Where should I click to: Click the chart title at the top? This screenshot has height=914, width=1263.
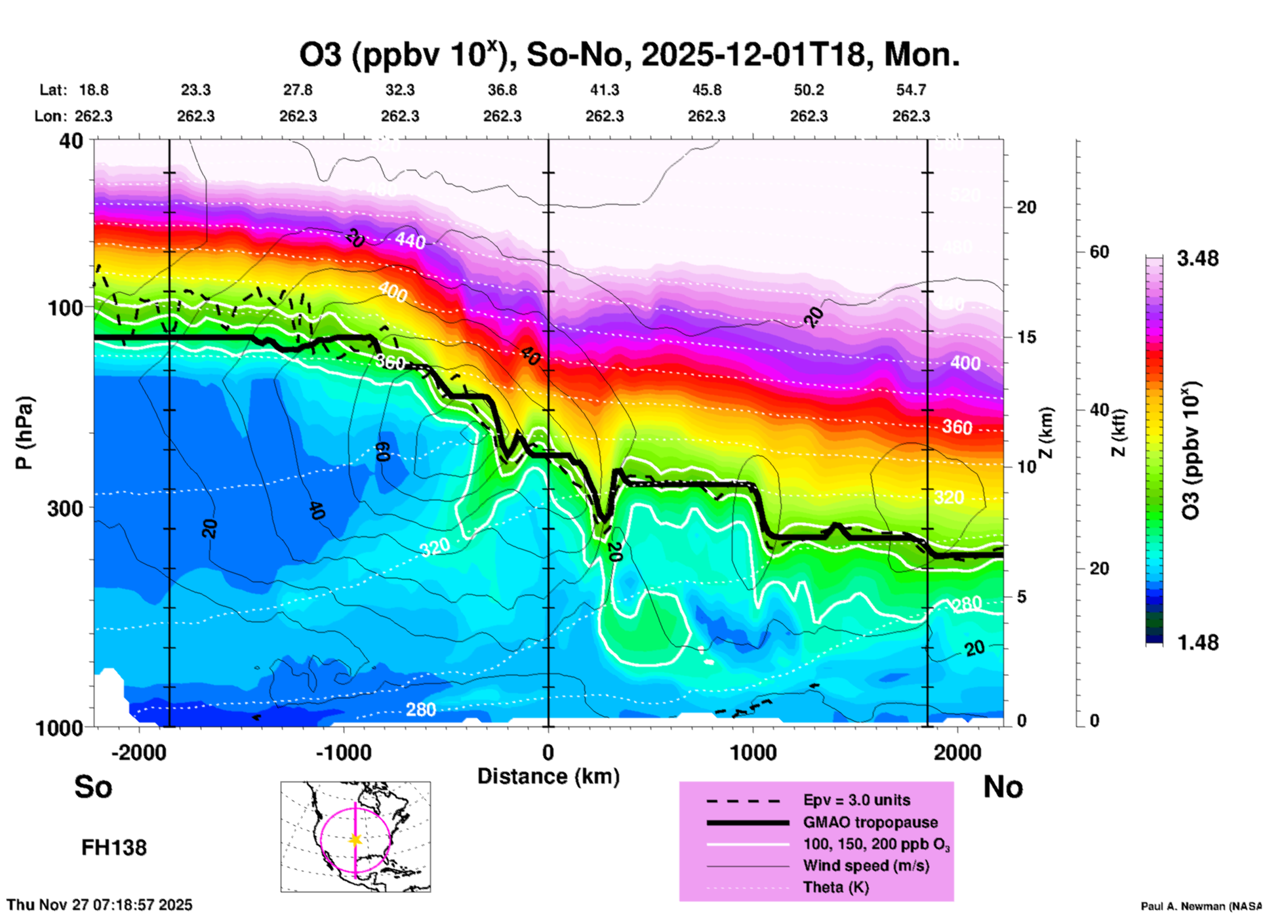630,54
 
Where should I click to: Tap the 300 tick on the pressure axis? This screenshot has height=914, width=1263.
65,508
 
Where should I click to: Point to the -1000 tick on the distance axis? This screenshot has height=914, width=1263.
343,752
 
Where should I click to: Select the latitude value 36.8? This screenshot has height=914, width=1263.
502,90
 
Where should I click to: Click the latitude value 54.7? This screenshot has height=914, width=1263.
911,90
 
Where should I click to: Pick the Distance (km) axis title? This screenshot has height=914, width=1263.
548,776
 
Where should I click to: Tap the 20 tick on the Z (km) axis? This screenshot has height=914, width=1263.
1026,208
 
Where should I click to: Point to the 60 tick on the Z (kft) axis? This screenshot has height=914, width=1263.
1099,252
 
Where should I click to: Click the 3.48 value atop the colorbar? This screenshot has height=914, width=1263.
1197,259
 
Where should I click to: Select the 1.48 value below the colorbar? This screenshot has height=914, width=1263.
1197,643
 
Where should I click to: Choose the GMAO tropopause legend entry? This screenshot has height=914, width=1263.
870,822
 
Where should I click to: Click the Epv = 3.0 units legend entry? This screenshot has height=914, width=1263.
856,801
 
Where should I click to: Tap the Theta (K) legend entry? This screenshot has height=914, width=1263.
835,887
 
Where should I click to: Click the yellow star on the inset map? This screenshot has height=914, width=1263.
355,839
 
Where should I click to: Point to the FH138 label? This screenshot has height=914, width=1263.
114,848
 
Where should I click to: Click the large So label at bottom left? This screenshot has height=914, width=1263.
93,787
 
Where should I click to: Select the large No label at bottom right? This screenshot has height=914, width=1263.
1003,787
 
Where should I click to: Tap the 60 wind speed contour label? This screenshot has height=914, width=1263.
383,451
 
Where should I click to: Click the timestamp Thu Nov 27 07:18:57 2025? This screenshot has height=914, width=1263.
100,905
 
